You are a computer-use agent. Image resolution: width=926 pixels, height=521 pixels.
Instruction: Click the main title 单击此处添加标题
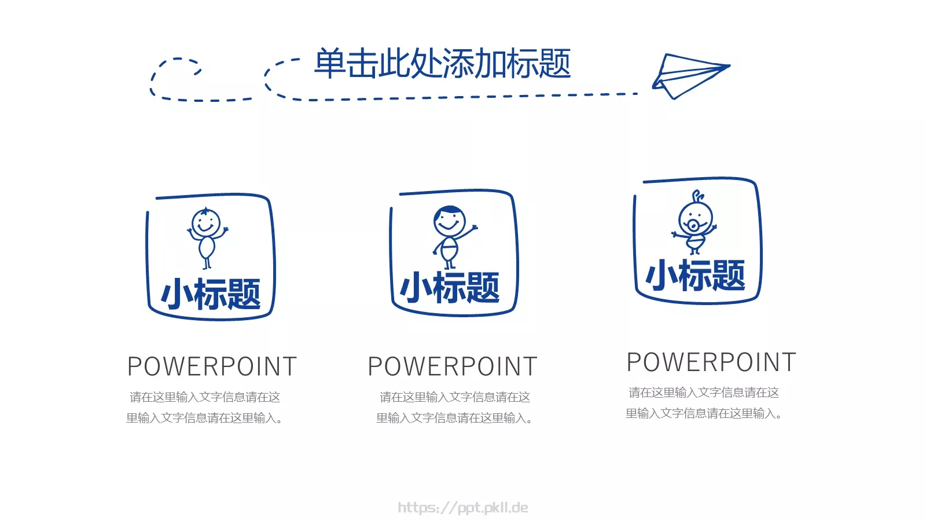click(x=442, y=64)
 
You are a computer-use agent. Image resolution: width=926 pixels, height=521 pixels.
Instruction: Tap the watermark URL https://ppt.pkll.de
click(x=463, y=508)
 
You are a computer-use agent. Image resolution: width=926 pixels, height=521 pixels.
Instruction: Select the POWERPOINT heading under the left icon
click(x=212, y=366)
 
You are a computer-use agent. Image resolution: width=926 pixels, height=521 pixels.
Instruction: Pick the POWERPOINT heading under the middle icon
click(x=453, y=366)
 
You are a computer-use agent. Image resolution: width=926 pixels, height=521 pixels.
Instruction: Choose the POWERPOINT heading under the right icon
click(x=711, y=362)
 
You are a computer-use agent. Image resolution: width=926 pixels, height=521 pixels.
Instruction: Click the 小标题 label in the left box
click(x=211, y=294)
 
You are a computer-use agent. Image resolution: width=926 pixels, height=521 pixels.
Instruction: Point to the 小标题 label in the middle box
click(x=450, y=288)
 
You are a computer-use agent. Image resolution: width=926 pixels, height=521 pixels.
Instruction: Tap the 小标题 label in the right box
click(x=695, y=276)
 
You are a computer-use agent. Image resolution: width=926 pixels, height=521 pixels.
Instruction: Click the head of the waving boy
click(x=449, y=221)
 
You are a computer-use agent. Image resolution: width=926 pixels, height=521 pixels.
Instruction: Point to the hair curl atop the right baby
click(x=699, y=196)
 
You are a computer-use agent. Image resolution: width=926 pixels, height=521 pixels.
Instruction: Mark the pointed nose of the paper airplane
click(x=729, y=66)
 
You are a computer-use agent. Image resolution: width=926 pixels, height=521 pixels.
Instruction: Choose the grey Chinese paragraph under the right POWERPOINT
click(x=704, y=403)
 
